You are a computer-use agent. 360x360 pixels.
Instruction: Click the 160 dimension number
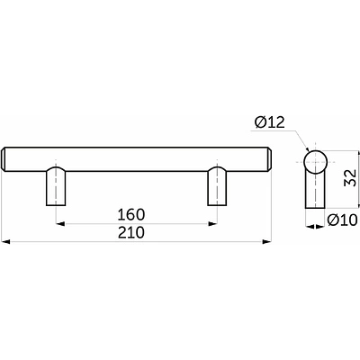pyautogui.click(x=131, y=215)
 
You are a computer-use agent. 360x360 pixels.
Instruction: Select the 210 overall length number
pyautogui.click(x=131, y=232)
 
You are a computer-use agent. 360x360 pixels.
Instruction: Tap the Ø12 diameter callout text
pyautogui.click(x=269, y=122)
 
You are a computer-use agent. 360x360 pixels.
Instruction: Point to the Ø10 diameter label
pyautogui.click(x=342, y=220)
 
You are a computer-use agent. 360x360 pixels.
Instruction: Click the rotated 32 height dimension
pyautogui.click(x=350, y=178)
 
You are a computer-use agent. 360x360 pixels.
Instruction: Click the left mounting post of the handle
pyautogui.click(x=56, y=186)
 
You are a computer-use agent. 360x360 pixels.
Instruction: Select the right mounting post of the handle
pyautogui.click(x=217, y=186)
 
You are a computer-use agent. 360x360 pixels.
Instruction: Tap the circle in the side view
pyautogui.click(x=315, y=162)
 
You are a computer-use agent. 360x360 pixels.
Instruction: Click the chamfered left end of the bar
pyautogui.click(x=4, y=159)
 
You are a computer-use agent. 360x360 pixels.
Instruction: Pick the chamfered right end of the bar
pyautogui.click(x=270, y=159)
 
